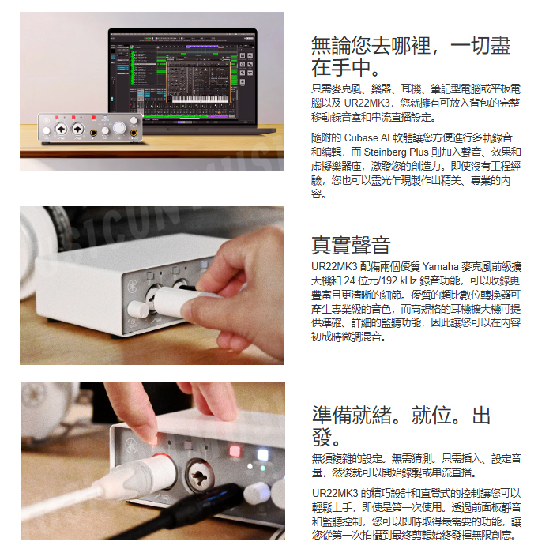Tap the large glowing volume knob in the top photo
(119, 127)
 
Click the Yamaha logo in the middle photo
(134, 286)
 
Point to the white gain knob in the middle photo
(138, 309)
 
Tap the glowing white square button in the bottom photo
(263, 454)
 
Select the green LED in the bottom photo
(263, 468)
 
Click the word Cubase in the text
(361, 137)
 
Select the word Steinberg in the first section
(386, 152)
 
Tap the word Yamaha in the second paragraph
(440, 266)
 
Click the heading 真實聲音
(351, 245)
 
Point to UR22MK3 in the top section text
(367, 103)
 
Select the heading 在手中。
(345, 67)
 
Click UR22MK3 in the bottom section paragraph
(335, 493)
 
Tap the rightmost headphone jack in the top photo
(134, 133)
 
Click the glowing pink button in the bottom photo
(235, 451)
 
